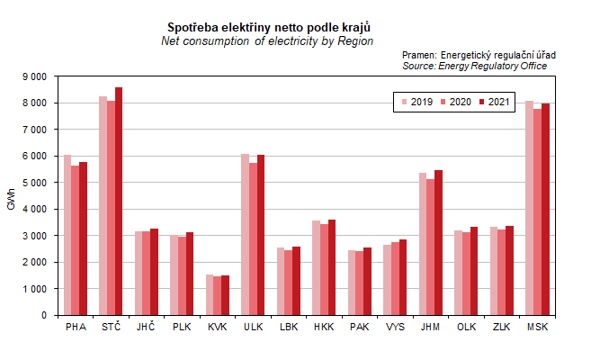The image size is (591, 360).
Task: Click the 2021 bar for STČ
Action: click(x=119, y=202)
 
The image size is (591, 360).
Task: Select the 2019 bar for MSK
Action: click(x=529, y=208)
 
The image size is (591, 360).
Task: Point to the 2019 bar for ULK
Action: click(x=245, y=235)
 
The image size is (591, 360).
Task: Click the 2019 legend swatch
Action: click(x=404, y=103)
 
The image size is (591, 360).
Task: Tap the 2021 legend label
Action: click(x=498, y=103)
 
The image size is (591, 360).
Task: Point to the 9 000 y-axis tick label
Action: click(x=33, y=76)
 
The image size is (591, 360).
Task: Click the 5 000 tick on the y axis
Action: click(x=33, y=183)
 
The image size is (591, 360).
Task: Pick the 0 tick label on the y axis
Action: click(x=43, y=316)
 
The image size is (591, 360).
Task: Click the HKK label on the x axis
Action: click(x=324, y=327)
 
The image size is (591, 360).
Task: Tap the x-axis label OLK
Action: click(x=466, y=327)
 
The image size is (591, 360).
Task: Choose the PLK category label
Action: click(x=182, y=327)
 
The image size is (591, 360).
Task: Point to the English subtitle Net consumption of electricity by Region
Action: click(x=266, y=41)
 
